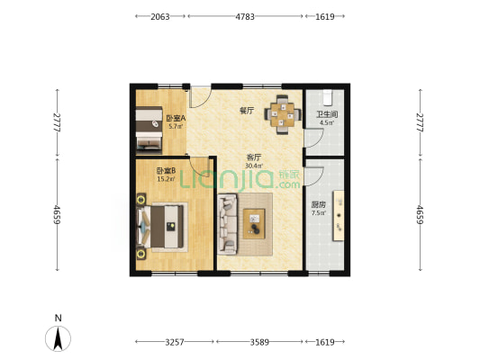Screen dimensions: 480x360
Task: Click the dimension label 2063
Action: click(x=159, y=16)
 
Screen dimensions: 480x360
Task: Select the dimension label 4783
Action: click(x=245, y=16)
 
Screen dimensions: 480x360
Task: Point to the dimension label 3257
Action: click(x=175, y=342)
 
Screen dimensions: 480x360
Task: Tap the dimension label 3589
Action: click(x=259, y=342)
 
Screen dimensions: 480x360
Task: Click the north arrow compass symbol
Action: click(x=58, y=338)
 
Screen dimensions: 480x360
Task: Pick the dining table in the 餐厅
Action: click(x=283, y=114)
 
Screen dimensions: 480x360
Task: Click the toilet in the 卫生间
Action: click(x=328, y=96)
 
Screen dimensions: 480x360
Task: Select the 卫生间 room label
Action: click(x=327, y=114)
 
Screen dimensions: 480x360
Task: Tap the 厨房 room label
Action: click(x=319, y=204)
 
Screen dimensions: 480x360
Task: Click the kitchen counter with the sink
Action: click(x=339, y=216)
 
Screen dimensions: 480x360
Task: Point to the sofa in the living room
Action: click(x=228, y=224)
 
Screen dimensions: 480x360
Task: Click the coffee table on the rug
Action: click(x=254, y=224)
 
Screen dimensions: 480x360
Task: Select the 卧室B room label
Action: click(x=166, y=171)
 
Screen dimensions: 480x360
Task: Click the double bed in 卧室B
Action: click(x=161, y=227)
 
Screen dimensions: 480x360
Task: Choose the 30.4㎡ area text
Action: click(x=254, y=166)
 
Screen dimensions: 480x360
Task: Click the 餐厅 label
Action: click(x=247, y=111)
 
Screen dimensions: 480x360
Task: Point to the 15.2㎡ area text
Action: click(x=167, y=179)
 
